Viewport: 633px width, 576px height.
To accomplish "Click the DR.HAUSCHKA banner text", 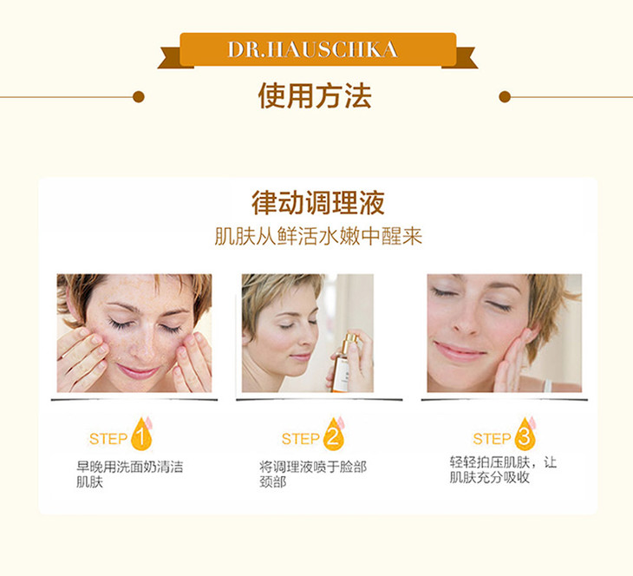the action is click(313, 49).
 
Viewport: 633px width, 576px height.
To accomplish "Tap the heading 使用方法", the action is click(315, 95).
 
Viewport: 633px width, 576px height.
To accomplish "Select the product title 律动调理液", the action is click(318, 203).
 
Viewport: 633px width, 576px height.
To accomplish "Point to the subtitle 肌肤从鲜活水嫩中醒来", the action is click(318, 236).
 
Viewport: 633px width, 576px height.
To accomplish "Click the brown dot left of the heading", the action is click(139, 97).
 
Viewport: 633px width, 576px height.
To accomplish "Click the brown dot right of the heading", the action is click(505, 97).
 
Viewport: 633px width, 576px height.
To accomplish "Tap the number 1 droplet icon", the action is click(141, 435).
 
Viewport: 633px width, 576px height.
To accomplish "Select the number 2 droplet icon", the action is click(334, 435).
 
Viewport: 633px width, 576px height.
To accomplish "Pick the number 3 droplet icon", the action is click(525, 435).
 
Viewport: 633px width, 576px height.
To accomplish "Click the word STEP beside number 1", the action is click(108, 439).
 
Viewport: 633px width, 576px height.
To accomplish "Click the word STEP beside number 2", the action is click(300, 439).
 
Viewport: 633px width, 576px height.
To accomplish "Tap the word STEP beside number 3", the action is click(492, 439).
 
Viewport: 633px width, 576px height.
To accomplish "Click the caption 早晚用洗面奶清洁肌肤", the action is click(129, 475).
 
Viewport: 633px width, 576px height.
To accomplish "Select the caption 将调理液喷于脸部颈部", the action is click(313, 475).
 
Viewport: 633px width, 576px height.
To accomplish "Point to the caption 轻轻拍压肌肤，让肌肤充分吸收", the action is click(503, 470).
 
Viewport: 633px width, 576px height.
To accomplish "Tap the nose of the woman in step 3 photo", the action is click(466, 324).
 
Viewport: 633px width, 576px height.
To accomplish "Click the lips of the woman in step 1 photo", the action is click(137, 371).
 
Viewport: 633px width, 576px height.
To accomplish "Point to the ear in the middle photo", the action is click(246, 336).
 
